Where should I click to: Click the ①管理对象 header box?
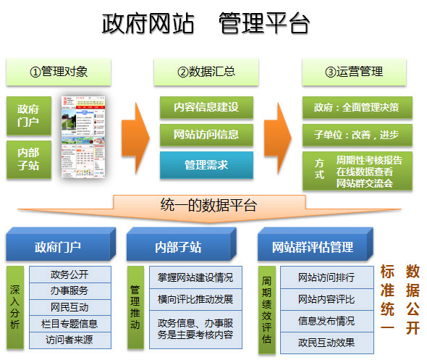[x=59, y=72]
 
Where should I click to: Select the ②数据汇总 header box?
[x=206, y=72]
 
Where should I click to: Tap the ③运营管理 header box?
[x=353, y=72]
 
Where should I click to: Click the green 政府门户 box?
[x=28, y=115]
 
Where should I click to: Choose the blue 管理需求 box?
[x=206, y=164]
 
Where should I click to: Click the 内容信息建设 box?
[x=206, y=107]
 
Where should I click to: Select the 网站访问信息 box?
[x=206, y=134]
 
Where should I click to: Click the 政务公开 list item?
[x=70, y=275]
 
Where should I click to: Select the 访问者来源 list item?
[x=70, y=339]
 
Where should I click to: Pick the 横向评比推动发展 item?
[x=195, y=298]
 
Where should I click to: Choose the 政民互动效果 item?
[x=326, y=342]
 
